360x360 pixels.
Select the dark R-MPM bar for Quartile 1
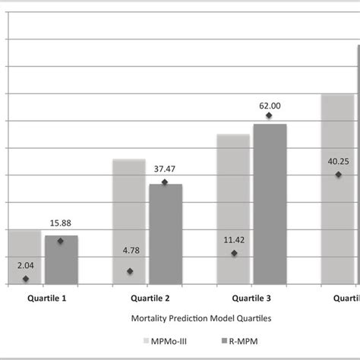tap(61, 259)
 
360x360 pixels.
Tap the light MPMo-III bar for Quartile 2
tap(128, 221)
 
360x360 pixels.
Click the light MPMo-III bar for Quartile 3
tap(232, 208)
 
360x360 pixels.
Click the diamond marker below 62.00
tap(269, 116)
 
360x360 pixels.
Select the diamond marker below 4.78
tap(130, 271)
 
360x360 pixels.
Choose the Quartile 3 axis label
tap(251, 298)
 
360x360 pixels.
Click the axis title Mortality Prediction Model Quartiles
tap(181, 321)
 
